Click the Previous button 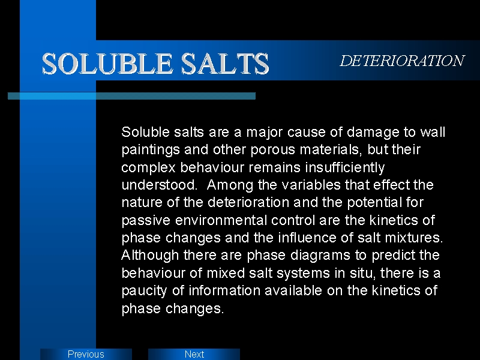click(86, 354)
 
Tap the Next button click(194, 354)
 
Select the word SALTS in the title click(225, 64)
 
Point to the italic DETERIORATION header click(402, 61)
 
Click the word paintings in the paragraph click(151, 150)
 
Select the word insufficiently click(344, 167)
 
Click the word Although click(150, 256)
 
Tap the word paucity click(144, 291)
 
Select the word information click(224, 290)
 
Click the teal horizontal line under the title click(131, 96)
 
